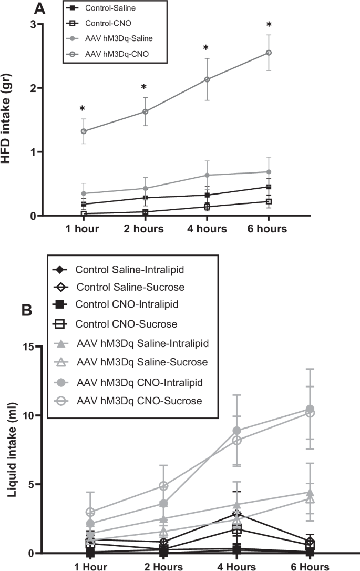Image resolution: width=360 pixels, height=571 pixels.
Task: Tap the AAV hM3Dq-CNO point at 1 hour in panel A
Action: click(83, 131)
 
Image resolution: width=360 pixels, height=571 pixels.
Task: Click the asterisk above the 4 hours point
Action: click(207, 48)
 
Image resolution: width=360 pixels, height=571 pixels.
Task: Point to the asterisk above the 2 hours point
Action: click(144, 87)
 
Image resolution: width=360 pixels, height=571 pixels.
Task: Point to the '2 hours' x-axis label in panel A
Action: click(144, 229)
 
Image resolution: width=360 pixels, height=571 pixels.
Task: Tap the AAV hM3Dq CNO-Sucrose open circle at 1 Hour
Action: click(91, 512)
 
